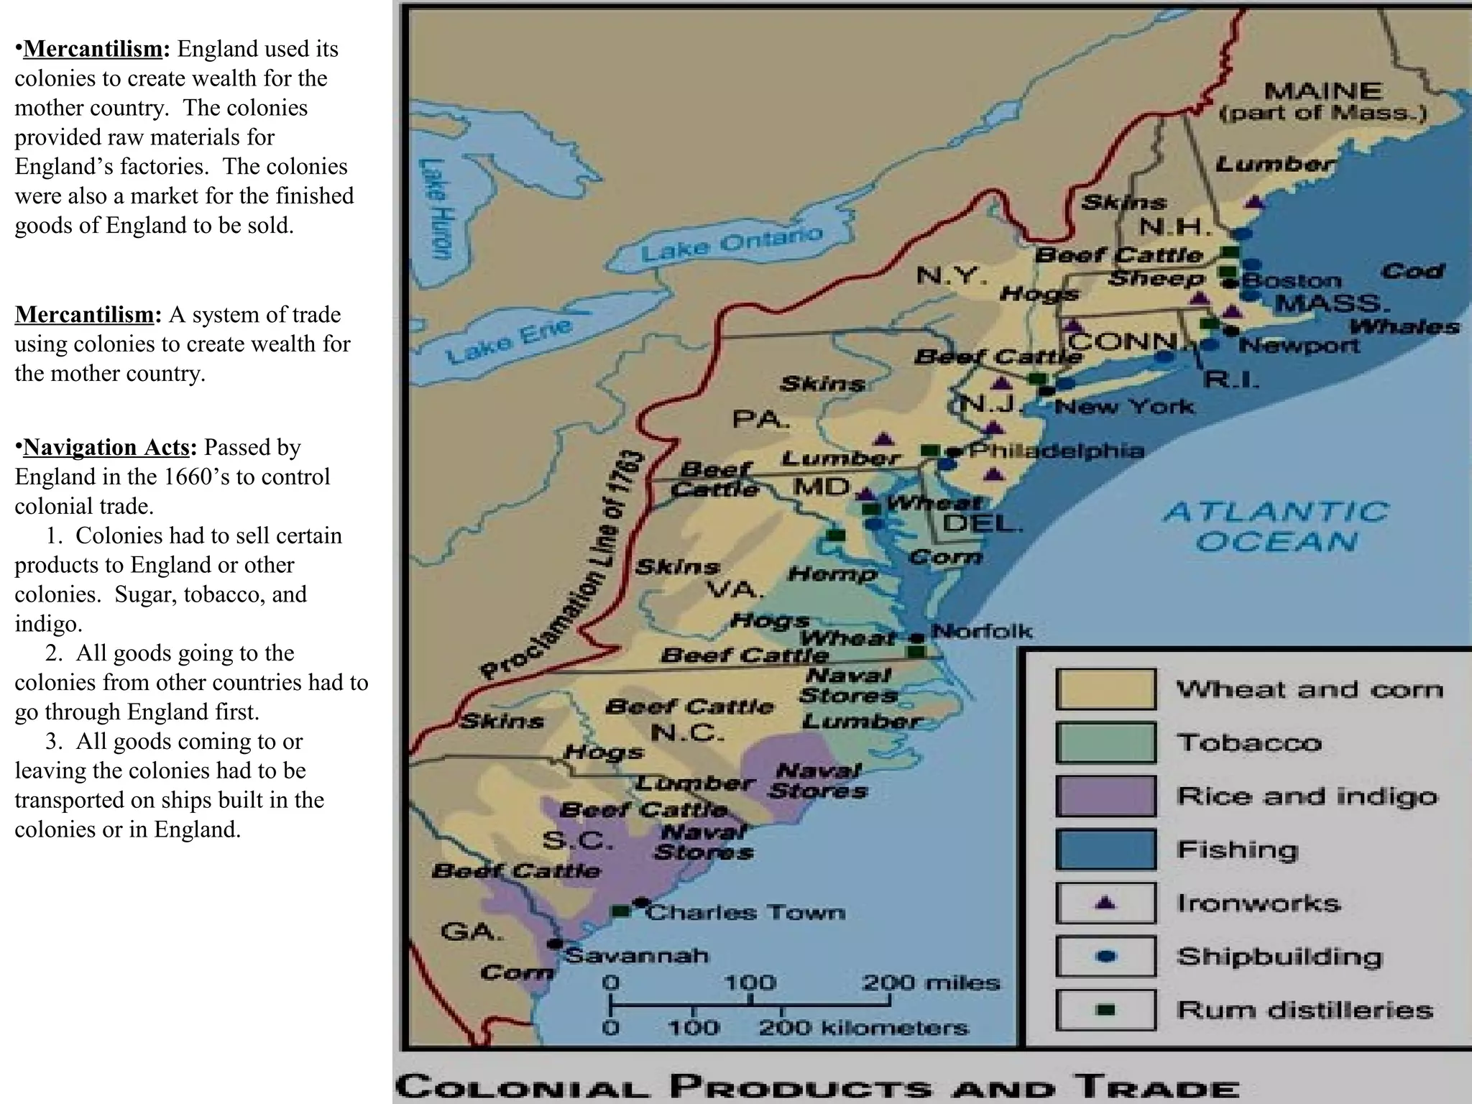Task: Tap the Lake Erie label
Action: [509, 341]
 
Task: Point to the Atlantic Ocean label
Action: [1276, 527]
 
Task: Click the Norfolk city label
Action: [981, 632]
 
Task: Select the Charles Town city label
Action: [745, 912]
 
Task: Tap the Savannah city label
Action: [636, 955]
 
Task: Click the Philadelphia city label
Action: [1056, 451]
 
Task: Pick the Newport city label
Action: [1299, 346]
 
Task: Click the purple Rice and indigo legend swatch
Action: [1105, 796]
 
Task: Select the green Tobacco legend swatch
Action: [1105, 742]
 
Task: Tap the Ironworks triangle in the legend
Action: [1106, 902]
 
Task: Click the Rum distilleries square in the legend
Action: [1106, 1010]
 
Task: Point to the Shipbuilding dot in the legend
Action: [1106, 956]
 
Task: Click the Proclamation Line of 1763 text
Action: [564, 568]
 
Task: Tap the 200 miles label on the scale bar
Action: [930, 983]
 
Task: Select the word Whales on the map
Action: [1404, 326]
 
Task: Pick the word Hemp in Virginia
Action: [832, 574]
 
